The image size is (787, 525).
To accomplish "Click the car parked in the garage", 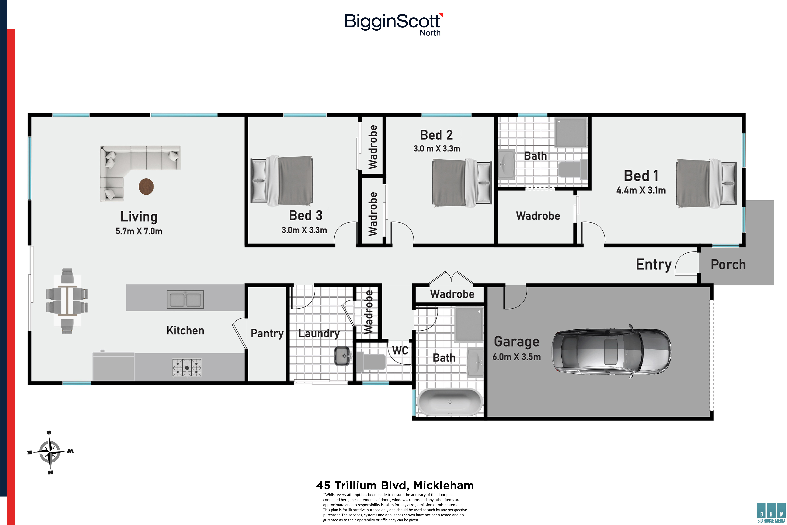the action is [611, 351].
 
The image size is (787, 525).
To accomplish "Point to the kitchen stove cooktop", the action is [187, 368].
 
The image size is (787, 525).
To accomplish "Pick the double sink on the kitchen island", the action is [185, 299].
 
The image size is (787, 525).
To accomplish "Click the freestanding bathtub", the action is [449, 402].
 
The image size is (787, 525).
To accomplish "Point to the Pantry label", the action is [267, 333].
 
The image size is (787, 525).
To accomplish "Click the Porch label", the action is [728, 264].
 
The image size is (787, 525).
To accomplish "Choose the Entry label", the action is [653, 264].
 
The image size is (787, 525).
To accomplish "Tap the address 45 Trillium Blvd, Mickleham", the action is [395, 485].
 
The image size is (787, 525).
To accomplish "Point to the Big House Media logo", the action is [771, 512].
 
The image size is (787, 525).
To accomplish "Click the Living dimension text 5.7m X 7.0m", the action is [139, 231].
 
